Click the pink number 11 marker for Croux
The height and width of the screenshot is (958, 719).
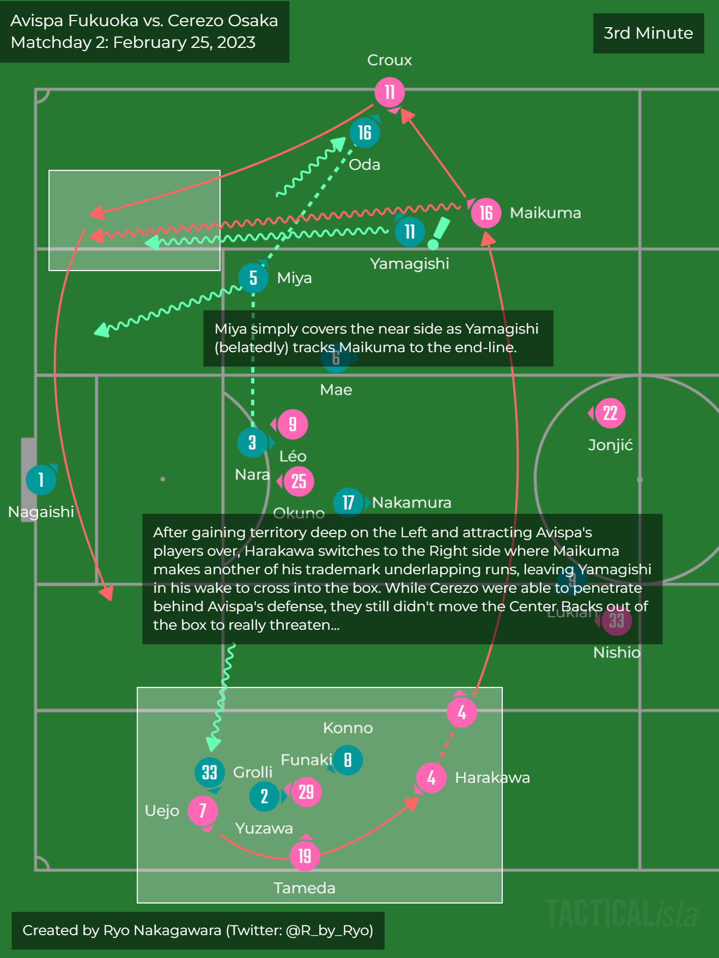coord(389,92)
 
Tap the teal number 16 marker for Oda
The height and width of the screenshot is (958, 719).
coord(364,132)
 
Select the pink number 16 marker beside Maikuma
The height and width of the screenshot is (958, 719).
coord(486,213)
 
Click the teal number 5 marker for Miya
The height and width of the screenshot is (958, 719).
coord(253,278)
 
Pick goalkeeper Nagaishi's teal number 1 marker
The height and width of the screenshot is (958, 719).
coord(41,480)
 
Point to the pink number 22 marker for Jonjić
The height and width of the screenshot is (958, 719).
coord(610,413)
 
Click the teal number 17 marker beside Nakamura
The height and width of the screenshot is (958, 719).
coord(348,502)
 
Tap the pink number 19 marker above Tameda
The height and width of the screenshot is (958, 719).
coord(304,856)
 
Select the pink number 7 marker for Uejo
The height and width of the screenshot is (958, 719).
coord(203,810)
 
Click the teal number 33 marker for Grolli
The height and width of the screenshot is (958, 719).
coord(210,772)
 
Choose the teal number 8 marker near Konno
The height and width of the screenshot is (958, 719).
coord(348,760)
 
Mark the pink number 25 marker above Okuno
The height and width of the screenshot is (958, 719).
coord(298,481)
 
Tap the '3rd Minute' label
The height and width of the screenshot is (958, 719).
coord(648,33)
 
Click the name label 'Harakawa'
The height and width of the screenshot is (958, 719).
coord(492,777)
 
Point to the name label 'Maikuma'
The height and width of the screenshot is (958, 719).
coord(545,213)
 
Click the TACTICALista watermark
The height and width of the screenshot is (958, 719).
coord(621,913)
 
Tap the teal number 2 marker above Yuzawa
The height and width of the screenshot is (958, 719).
coord(264,796)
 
